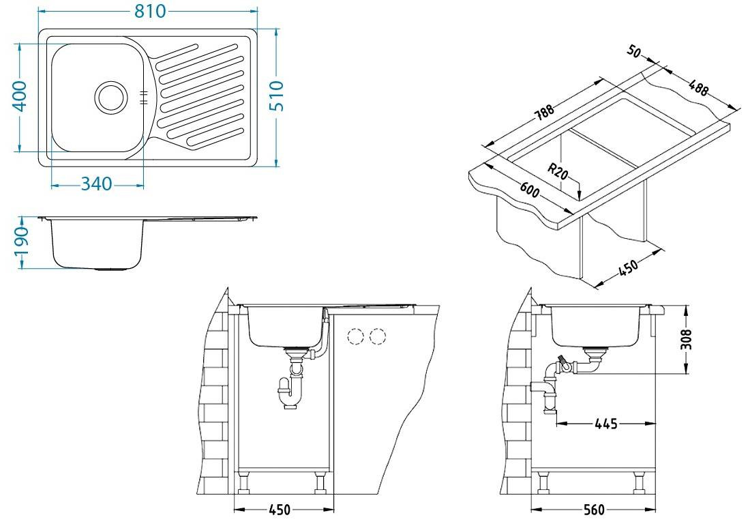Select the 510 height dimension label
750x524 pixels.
276,96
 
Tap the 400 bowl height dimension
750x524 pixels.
20,96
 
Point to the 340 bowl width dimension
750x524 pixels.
96,184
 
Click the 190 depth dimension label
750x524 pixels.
22,242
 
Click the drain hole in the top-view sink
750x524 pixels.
111,97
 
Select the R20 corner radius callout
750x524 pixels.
558,171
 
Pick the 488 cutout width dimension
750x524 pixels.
698,87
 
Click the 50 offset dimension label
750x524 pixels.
633,51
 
